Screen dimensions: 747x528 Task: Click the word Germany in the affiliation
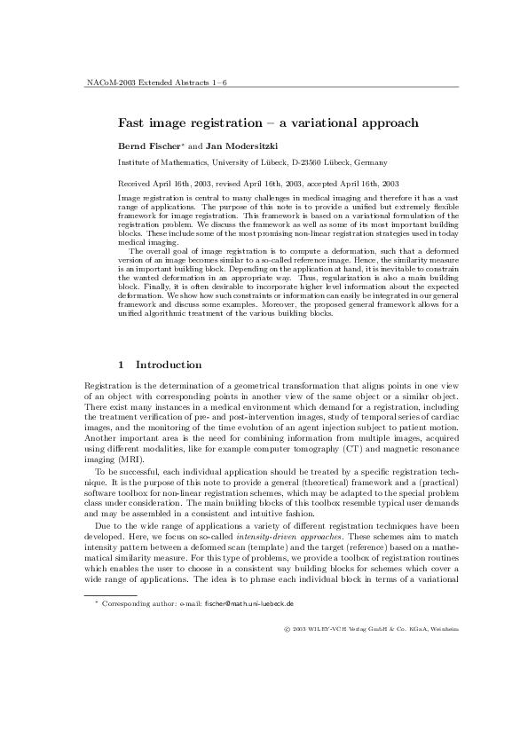(x=370, y=162)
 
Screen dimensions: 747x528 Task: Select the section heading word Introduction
(x=169, y=365)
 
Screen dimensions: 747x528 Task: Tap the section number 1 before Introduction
(x=122, y=365)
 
